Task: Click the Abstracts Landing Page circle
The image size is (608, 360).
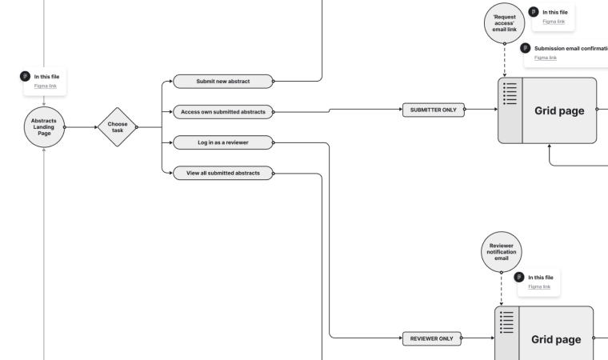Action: tap(44, 127)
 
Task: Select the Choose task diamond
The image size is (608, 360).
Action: tap(117, 127)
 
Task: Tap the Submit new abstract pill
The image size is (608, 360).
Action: tap(222, 81)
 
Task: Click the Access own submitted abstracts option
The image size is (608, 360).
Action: tap(222, 112)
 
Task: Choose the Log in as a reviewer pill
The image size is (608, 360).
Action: tap(222, 142)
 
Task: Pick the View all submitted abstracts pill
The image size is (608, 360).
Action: tap(222, 173)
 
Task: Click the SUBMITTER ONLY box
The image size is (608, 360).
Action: tap(432, 110)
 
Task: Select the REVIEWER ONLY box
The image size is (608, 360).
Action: tap(431, 338)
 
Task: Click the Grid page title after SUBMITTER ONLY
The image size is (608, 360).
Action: tap(559, 110)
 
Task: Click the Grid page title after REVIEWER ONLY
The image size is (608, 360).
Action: tap(556, 339)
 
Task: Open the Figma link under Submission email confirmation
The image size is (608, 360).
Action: tap(546, 58)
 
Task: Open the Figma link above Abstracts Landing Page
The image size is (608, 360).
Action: tap(46, 86)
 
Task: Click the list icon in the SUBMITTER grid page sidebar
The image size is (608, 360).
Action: tap(510, 94)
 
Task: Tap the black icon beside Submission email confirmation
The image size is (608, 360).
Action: tap(526, 48)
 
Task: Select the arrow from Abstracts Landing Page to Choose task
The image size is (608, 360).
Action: tap(80, 127)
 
